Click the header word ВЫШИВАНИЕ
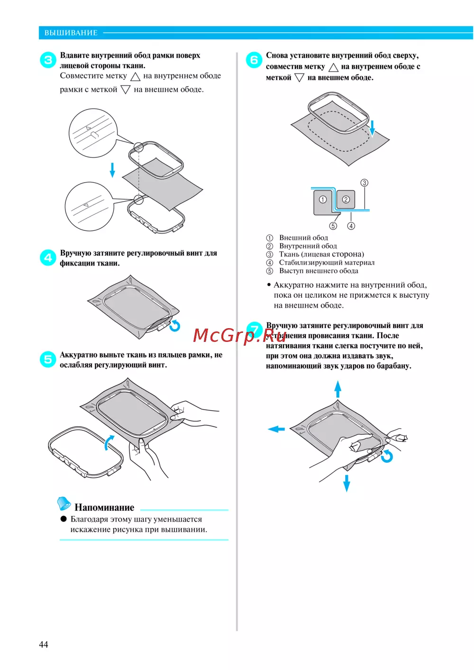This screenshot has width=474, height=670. [71, 33]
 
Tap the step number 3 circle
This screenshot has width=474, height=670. [48, 60]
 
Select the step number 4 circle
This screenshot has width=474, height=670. [48, 257]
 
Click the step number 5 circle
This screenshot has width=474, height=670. [48, 359]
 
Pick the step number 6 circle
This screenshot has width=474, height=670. [254, 60]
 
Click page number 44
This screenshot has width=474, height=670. [43, 644]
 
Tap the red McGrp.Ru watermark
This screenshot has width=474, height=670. [240, 336]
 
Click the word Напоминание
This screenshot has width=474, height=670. [104, 507]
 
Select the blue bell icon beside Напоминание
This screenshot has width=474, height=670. [64, 504]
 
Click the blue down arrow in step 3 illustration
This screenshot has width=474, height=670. [112, 170]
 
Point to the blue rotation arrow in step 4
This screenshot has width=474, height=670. [175, 326]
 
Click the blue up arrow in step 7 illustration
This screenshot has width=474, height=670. [337, 389]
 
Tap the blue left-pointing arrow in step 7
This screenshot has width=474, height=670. [276, 429]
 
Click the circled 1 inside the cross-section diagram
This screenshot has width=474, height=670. [323, 200]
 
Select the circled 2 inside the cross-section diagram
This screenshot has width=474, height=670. [346, 200]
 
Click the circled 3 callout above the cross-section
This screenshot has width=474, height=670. [364, 183]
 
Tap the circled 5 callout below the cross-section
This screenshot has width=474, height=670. [333, 226]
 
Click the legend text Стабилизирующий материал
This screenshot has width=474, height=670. [327, 262]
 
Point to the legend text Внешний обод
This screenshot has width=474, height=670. [303, 238]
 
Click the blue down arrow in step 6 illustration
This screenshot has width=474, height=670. [372, 128]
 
